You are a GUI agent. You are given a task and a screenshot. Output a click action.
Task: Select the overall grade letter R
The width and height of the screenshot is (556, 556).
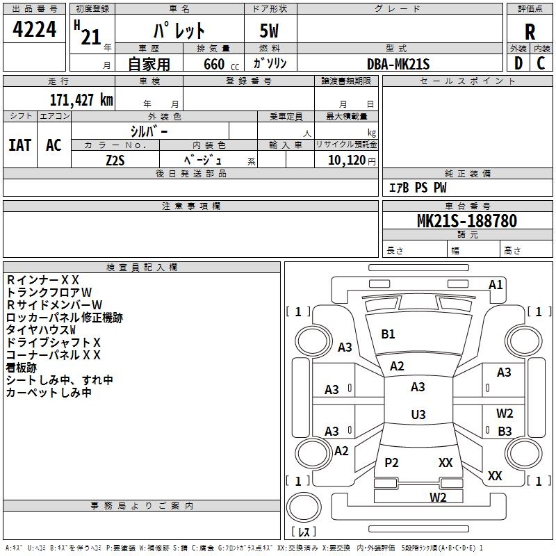click(530, 32)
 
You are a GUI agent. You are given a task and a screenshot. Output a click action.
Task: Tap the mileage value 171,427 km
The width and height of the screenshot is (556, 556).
click(81, 99)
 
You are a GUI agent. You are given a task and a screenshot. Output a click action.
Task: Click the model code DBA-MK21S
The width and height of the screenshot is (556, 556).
click(398, 64)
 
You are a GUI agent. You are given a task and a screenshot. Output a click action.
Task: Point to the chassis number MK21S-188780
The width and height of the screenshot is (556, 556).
click(466, 221)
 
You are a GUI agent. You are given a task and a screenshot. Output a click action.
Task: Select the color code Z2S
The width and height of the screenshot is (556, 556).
click(115, 160)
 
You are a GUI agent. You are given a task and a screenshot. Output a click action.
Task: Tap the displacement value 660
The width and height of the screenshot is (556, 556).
click(213, 64)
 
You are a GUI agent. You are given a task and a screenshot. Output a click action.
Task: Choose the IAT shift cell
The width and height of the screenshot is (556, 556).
click(20, 145)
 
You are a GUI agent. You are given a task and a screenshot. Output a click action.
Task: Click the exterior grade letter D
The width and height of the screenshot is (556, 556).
click(518, 64)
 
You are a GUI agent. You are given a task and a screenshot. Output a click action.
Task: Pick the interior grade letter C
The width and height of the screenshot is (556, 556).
click(541, 64)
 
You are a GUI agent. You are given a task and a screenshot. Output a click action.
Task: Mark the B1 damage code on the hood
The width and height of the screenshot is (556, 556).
click(388, 334)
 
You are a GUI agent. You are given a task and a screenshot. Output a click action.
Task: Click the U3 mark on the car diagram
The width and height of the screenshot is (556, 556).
click(418, 415)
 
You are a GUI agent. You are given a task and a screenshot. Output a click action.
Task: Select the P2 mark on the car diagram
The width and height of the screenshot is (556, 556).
click(391, 462)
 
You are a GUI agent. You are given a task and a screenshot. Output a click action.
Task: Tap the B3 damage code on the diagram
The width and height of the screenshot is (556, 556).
click(505, 432)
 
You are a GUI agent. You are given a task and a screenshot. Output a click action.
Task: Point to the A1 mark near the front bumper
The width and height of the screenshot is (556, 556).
click(496, 284)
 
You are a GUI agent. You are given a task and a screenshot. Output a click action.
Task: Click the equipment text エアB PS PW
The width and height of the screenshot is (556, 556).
click(417, 188)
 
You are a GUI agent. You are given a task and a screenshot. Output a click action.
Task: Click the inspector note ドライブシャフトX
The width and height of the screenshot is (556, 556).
click(54, 342)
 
